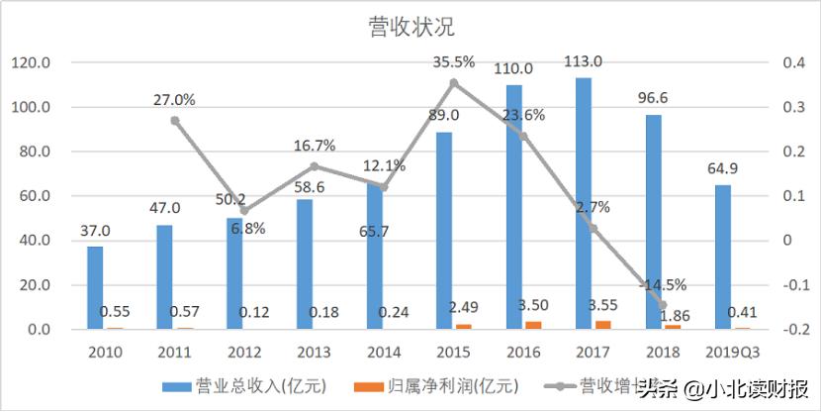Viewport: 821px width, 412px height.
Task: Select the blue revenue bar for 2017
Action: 584,203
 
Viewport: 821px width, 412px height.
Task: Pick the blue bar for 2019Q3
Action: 723,257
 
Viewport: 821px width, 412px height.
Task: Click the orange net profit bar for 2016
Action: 533,324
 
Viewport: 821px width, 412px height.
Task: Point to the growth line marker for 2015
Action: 454,83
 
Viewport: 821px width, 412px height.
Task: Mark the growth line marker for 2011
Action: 174,121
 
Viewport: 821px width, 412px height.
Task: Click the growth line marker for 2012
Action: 244,211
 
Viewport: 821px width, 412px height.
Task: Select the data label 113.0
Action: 584,62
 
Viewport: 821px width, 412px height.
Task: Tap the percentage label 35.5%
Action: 454,61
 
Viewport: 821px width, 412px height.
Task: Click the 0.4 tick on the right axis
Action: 793,63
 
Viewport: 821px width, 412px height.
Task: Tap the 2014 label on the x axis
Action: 384,352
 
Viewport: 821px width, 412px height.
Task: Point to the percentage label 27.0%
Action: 174,99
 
